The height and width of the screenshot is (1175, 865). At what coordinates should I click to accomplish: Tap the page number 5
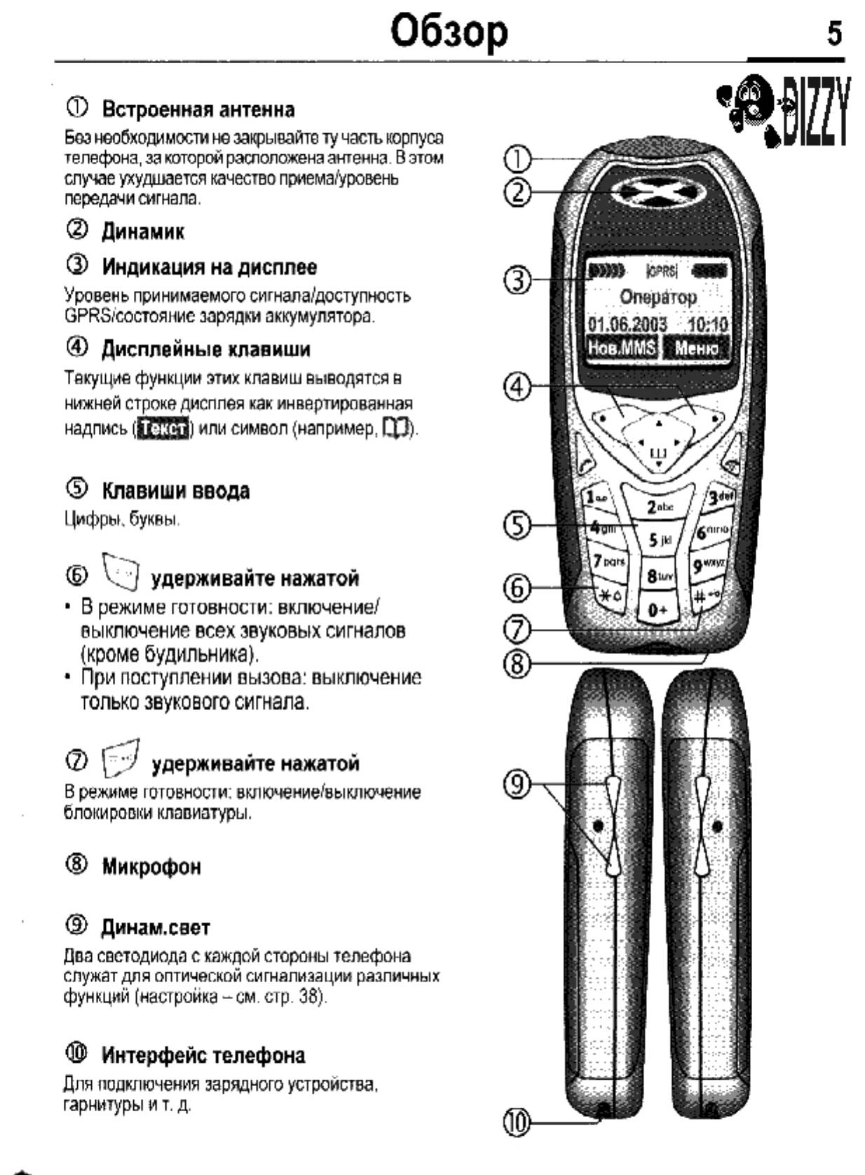point(834,32)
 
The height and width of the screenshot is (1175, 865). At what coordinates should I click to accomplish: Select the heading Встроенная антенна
point(198,109)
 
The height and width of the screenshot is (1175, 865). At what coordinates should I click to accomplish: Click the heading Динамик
point(143,231)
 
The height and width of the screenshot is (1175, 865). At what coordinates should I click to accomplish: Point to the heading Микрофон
point(151,867)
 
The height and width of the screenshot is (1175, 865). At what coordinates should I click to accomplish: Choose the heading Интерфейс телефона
point(203,1055)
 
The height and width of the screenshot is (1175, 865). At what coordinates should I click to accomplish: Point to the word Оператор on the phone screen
point(658,297)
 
